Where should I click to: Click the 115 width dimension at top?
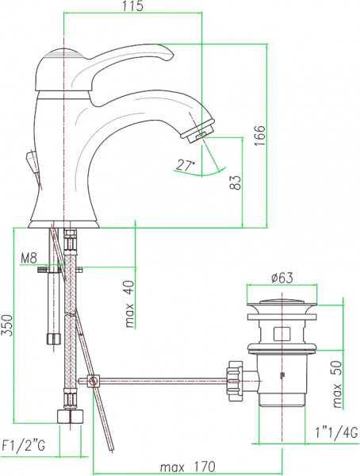pyautogui.click(x=132, y=7)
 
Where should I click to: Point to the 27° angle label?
pyautogui.click(x=186, y=166)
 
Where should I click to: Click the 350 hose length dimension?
pyautogui.click(x=7, y=326)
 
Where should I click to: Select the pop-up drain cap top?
pyautogui.click(x=282, y=303)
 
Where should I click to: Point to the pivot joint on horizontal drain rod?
pyautogui.click(x=94, y=382)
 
